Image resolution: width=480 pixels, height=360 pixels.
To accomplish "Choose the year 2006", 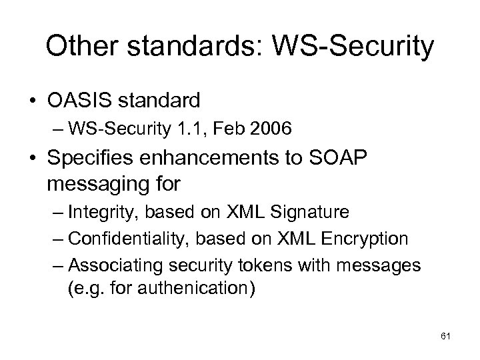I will [272, 130].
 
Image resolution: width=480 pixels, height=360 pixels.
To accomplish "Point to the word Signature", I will [312, 213].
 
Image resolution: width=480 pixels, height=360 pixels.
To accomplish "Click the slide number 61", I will [446, 335].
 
